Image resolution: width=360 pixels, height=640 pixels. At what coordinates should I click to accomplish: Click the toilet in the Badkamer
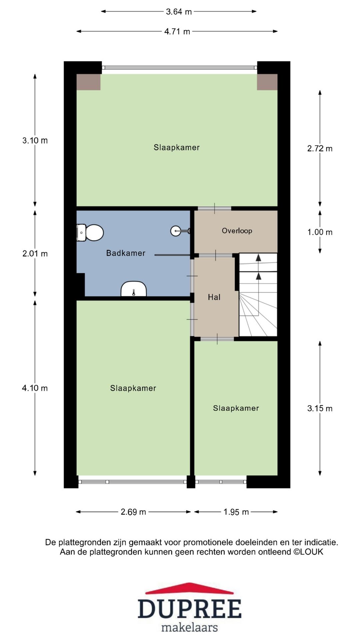coord(90,232)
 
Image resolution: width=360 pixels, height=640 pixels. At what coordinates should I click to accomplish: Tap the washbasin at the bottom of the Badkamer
coord(133,289)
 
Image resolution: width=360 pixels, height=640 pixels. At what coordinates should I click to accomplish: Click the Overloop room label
coord(237,231)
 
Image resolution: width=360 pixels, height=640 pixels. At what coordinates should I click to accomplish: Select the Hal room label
coord(214,297)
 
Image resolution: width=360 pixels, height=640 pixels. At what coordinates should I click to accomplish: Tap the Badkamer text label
coord(126,253)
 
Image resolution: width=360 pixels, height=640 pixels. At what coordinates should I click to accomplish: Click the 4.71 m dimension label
coord(177,31)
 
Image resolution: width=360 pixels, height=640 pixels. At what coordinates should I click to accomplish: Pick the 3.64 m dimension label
coord(179,12)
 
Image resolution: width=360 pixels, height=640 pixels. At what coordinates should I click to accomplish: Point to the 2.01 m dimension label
coord(35,254)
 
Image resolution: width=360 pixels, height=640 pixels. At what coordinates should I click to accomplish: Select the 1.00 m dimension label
coord(320,232)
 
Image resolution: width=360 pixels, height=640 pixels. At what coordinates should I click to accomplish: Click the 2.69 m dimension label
coord(133,512)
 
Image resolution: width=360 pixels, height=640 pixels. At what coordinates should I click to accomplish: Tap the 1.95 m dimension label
coord(236,512)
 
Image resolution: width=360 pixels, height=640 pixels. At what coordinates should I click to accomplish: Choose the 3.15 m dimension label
coord(320,408)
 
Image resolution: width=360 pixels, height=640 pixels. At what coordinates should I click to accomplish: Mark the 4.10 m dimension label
coord(35,388)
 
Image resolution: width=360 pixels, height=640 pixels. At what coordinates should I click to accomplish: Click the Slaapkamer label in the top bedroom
coord(177,147)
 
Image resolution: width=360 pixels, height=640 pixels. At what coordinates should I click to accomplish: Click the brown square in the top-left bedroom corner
coord(89,82)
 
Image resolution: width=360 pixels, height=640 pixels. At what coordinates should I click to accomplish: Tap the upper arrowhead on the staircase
coord(258,257)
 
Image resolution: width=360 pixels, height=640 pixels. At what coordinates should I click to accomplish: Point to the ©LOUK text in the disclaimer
coord(308,552)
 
